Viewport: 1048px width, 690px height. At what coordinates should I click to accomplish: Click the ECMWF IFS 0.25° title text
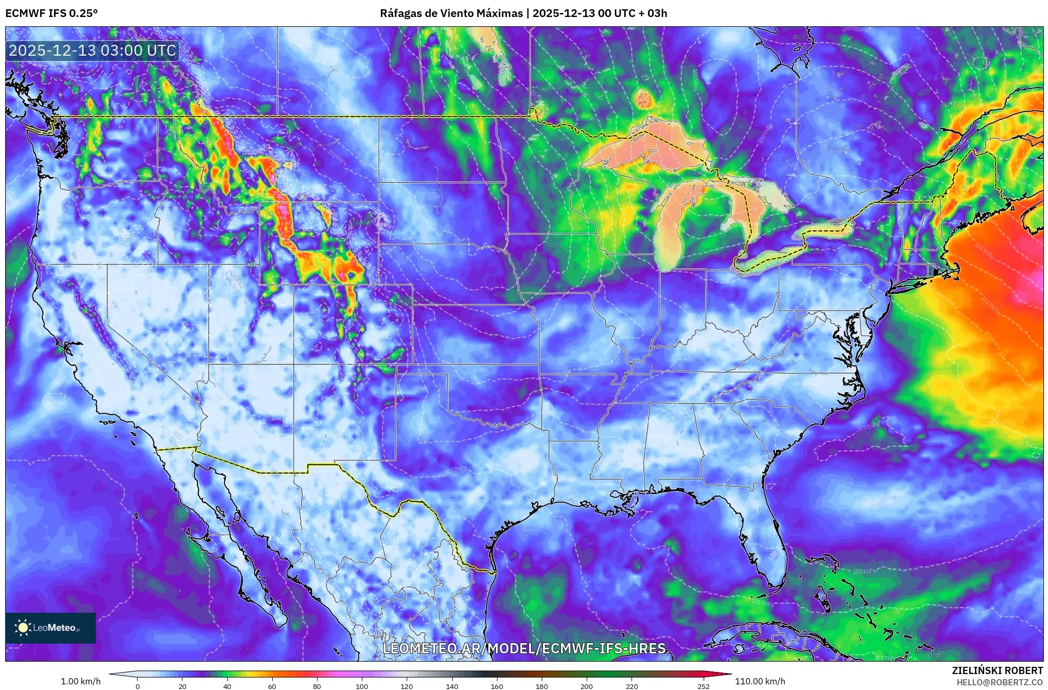(x=52, y=13)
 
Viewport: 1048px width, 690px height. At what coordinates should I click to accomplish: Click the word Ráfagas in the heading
(x=400, y=13)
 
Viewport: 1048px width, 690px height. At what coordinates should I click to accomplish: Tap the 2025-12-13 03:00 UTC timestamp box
(x=93, y=51)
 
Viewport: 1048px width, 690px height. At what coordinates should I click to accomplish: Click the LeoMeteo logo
(x=50, y=628)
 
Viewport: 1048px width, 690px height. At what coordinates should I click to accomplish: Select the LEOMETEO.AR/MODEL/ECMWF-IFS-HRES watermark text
(x=524, y=648)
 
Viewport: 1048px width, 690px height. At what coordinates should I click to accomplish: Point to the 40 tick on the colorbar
(x=227, y=686)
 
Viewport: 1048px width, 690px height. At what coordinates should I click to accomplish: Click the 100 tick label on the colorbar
(x=362, y=686)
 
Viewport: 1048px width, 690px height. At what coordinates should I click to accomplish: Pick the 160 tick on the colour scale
(x=497, y=686)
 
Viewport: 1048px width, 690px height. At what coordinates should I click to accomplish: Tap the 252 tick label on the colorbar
(x=704, y=686)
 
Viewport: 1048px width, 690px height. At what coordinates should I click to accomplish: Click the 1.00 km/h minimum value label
(x=81, y=681)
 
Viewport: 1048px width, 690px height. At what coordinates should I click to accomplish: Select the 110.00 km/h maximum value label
(x=760, y=681)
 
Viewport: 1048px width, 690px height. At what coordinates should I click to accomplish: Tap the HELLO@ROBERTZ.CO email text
(x=1000, y=682)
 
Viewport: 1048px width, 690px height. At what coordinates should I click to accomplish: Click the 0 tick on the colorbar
(x=138, y=686)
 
